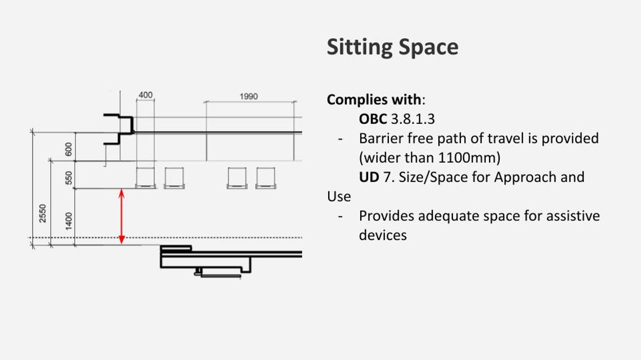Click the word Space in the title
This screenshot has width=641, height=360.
(428, 47)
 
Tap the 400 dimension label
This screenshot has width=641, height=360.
(146, 95)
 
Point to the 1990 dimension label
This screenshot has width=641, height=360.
(249, 96)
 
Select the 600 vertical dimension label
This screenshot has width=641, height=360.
(69, 149)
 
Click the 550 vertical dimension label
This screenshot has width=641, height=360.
(69, 178)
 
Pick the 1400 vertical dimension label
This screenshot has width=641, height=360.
(69, 221)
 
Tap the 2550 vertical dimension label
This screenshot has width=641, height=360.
(43, 213)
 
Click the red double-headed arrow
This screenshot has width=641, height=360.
(122, 216)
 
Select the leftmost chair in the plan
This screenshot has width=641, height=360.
(146, 178)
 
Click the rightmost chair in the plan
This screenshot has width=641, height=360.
(266, 178)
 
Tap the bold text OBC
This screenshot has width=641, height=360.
(373, 119)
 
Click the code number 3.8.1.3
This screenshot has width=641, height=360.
(413, 119)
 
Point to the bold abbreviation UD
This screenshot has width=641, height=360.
(369, 177)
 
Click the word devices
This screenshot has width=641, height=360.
(383, 235)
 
